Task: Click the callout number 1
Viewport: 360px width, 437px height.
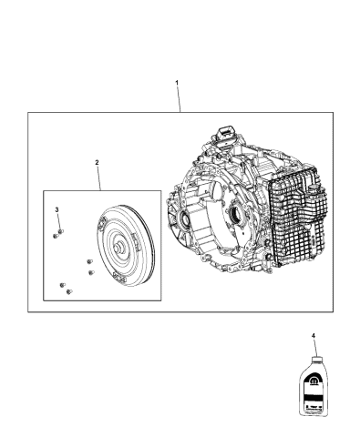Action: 177,83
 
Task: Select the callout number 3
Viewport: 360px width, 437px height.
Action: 57,209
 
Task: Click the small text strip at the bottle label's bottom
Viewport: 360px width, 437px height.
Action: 313,417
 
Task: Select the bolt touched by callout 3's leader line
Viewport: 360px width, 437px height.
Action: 58,232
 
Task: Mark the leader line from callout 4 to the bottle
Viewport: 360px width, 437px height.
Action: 314,348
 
